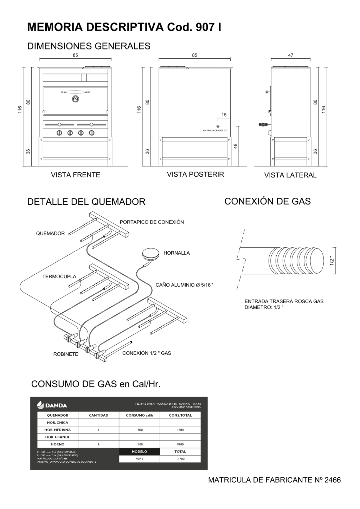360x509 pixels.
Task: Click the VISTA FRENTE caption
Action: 75,175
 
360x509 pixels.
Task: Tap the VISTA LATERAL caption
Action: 290,175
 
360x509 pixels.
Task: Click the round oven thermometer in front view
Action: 75,99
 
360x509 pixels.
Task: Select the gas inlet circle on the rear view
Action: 218,126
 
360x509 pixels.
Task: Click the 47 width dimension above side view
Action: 290,55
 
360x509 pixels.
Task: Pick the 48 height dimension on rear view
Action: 236,146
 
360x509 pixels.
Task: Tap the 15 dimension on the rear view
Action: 224,115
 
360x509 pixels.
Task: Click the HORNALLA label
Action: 176,253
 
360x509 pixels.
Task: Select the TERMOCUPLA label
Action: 59,276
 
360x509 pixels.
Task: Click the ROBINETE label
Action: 65,354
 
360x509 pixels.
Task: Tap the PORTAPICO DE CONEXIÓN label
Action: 152,222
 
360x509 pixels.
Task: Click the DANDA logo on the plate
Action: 52,405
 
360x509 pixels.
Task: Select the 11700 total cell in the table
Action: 180,459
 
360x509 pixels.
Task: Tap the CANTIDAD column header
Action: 98,415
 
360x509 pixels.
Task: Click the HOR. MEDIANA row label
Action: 57,430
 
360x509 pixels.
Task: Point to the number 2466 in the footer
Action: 333,480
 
